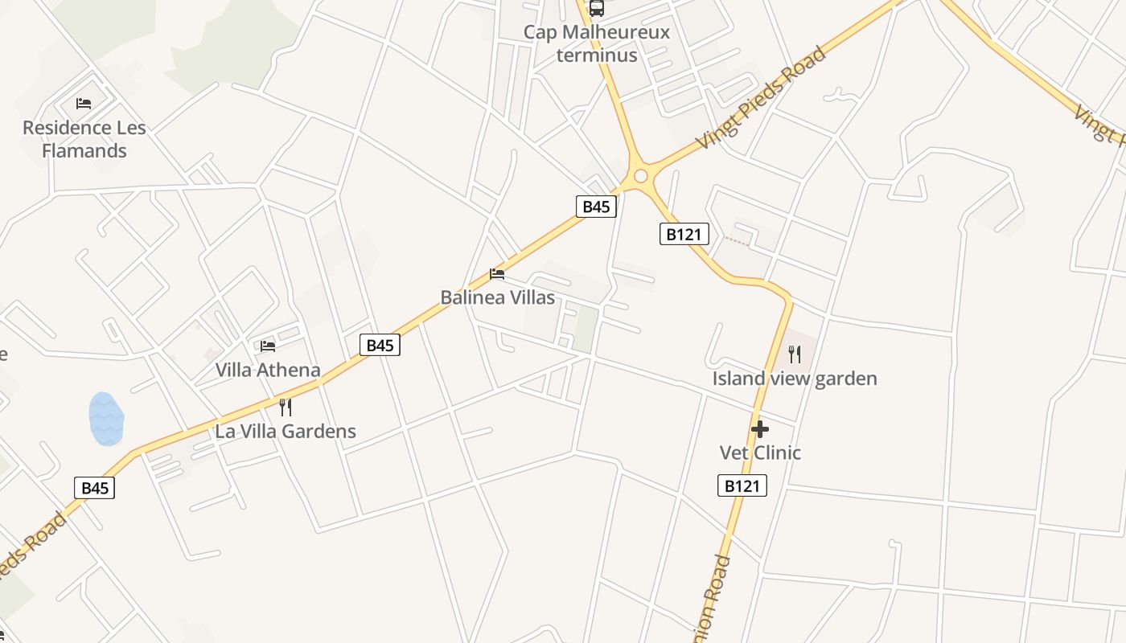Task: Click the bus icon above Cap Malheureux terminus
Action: click(596, 8)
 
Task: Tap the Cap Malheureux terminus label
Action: click(596, 43)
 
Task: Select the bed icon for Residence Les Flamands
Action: click(84, 104)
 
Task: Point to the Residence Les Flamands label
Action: click(84, 139)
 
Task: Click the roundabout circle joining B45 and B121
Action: click(640, 176)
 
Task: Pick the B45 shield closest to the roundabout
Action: click(596, 207)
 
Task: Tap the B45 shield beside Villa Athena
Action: click(380, 345)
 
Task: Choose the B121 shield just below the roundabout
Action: click(684, 234)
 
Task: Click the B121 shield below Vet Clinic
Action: click(742, 485)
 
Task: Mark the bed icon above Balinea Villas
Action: click(497, 274)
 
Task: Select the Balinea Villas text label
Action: click(497, 297)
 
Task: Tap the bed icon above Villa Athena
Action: click(268, 346)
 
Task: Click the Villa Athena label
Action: click(268, 371)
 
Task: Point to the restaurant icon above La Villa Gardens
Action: click(285, 407)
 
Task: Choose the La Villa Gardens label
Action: click(285, 431)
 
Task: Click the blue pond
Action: click(106, 419)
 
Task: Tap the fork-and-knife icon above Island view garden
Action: click(795, 354)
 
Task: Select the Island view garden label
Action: click(795, 378)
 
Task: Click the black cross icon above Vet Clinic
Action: click(759, 429)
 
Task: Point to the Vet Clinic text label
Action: click(760, 453)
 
